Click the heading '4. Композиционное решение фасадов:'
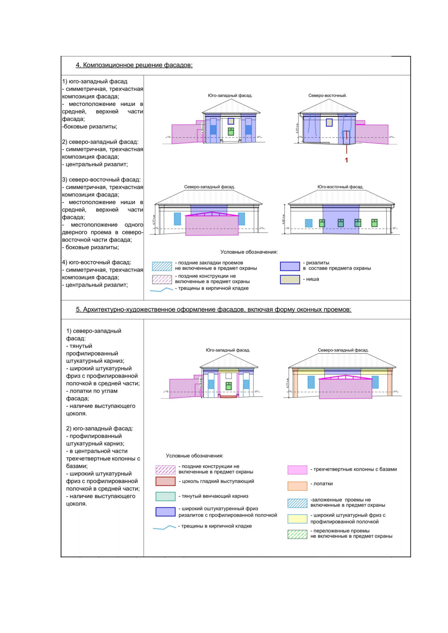pyautogui.click(x=134, y=65)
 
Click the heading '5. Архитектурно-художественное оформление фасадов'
pyautogui.click(x=213, y=310)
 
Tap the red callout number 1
pyautogui.click(x=346, y=160)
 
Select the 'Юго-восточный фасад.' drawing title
pyautogui.click(x=340, y=187)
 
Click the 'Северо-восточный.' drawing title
pyautogui.click(x=327, y=95)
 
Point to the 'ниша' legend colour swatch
pyautogui.click(x=290, y=279)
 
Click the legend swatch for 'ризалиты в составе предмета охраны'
pyautogui.click(x=290, y=266)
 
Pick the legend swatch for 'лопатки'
pyautogui.click(x=297, y=486)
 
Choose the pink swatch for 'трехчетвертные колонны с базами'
pyautogui.click(x=297, y=470)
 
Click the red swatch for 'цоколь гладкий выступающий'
pyautogui.click(x=165, y=481)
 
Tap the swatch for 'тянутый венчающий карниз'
pyautogui.click(x=165, y=496)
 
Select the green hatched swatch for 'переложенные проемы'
pyautogui.click(x=297, y=534)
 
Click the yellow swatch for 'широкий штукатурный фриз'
pyautogui.click(x=297, y=518)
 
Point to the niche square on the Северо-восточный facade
pyautogui.click(x=329, y=122)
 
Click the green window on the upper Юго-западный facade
pyautogui.click(x=231, y=131)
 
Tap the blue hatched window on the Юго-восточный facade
pyautogui.click(x=308, y=223)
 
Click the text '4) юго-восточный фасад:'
pyautogui.click(x=96, y=262)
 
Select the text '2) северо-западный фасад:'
pyautogui.click(x=100, y=142)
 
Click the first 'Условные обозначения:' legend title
pyautogui.click(x=249, y=252)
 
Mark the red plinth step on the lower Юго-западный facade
pyautogui.click(x=228, y=397)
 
